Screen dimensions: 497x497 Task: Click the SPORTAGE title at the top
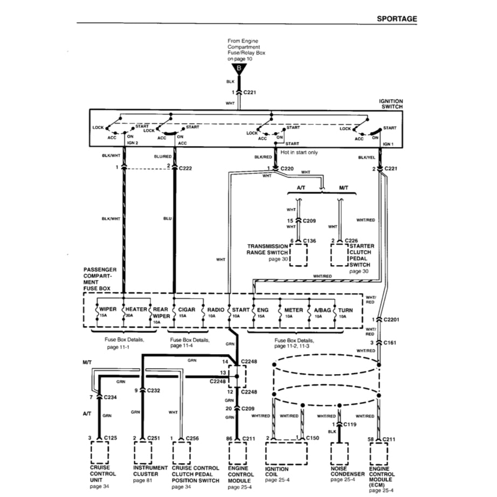point(397,18)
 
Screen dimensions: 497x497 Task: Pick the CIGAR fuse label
point(186,310)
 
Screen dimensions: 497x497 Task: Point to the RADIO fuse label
point(216,310)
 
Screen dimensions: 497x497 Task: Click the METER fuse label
point(293,310)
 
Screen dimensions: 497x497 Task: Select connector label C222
point(185,167)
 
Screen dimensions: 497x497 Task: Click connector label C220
point(287,168)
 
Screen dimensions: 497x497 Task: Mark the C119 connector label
point(350,425)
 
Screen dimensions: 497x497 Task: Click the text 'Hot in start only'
point(299,153)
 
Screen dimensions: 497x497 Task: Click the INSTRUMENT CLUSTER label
point(150,471)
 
